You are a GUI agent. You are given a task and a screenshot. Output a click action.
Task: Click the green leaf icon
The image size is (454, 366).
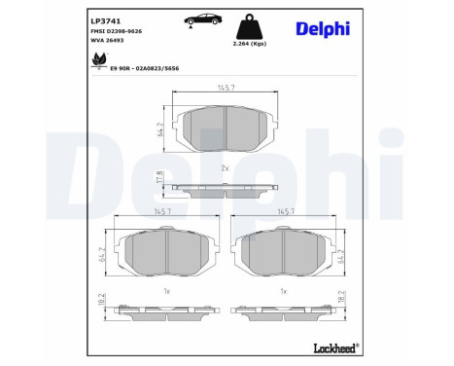(98, 62)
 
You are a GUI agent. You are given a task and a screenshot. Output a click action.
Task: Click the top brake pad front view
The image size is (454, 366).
(225, 129)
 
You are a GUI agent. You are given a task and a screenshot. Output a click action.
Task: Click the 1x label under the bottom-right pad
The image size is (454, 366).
(283, 291)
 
